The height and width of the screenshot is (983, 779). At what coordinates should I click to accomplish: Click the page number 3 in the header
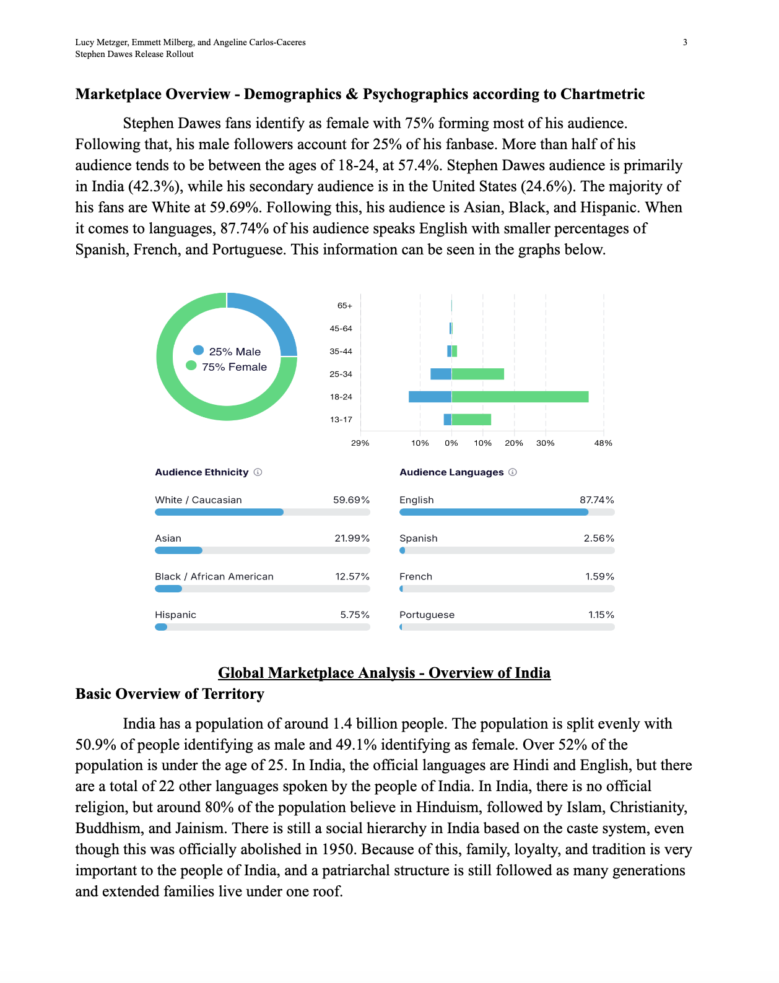(685, 42)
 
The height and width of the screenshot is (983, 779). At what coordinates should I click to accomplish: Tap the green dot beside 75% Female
(191, 366)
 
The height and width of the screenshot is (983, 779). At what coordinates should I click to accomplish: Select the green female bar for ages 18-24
(520, 397)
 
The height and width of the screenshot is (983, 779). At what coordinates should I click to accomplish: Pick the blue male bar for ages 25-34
(441, 374)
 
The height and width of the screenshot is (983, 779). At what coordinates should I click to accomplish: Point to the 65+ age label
(344, 306)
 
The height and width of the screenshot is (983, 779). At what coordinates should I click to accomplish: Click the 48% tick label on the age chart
(603, 443)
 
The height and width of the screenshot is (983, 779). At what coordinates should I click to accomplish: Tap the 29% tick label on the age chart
(360, 443)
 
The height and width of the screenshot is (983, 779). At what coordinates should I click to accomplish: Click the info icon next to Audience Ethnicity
(258, 472)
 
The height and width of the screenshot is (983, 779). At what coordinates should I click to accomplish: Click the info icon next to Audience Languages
(513, 472)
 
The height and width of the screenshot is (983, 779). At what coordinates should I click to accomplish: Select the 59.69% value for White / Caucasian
(351, 500)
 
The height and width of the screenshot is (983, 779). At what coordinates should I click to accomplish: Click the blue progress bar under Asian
(178, 550)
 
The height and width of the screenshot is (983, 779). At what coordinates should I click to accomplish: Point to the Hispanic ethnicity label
(175, 615)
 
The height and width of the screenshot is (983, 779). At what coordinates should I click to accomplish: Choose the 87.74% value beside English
(597, 500)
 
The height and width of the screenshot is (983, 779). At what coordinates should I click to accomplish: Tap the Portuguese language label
(427, 615)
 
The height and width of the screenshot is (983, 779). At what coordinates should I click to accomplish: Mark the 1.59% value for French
(599, 576)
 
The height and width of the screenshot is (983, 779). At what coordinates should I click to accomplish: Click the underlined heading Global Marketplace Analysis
(384, 673)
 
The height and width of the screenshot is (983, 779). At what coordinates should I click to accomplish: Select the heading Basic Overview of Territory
(170, 694)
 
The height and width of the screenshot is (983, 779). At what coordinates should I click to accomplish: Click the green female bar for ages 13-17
(471, 420)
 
